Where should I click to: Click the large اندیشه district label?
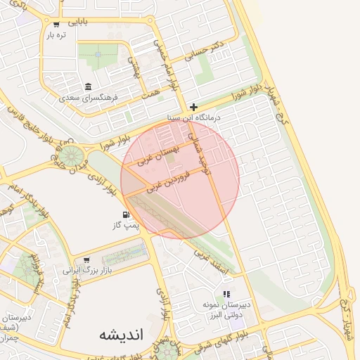(x=121, y=334)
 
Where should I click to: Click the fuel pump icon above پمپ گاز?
(x=126, y=214)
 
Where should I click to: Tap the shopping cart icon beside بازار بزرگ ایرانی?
(x=86, y=259)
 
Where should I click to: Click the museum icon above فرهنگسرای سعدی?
(x=88, y=86)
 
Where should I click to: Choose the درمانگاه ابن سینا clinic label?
(x=194, y=117)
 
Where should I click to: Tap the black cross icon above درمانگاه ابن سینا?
(x=193, y=108)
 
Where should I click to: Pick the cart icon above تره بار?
(x=56, y=24)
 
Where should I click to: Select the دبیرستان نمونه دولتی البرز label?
(x=226, y=310)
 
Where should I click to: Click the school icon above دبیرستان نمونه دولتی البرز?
(x=226, y=294)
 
